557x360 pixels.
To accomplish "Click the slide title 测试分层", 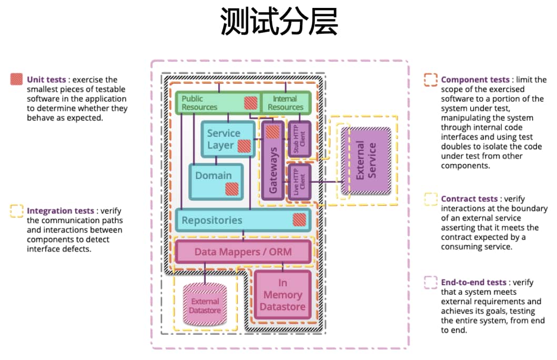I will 279,23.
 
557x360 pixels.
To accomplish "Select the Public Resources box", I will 210,103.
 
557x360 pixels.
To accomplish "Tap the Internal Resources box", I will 286,103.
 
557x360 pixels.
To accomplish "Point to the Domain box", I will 214,176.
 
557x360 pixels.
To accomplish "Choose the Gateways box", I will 272,168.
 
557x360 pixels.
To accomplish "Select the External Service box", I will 366,160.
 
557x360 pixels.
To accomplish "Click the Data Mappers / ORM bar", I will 242,252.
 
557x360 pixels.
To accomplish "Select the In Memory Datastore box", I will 282,295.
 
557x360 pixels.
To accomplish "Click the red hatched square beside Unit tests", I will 17,79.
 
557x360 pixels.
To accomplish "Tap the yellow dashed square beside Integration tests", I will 17,211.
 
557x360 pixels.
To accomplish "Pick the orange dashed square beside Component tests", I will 431,79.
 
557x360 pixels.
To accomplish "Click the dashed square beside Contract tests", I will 431,199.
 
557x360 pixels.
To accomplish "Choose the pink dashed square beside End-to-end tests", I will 431,283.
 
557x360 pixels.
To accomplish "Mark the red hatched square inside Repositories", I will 299,219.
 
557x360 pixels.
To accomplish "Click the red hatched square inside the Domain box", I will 232,189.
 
